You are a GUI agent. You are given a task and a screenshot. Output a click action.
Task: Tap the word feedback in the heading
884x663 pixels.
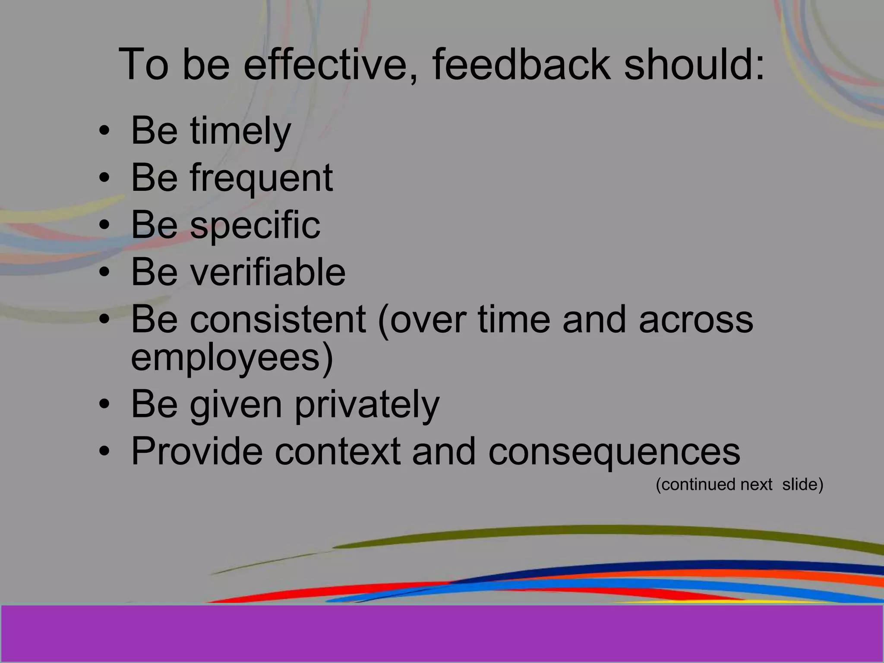pos(521,65)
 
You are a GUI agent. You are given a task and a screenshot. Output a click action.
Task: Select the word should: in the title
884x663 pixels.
pos(694,65)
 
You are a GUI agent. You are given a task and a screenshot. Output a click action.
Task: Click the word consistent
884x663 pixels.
pos(278,319)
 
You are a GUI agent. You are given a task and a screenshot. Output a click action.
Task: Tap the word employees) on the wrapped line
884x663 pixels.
pos(232,358)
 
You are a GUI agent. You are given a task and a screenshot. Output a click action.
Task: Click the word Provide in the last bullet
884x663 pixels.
pos(196,451)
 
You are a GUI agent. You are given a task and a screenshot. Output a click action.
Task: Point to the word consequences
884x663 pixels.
pos(614,451)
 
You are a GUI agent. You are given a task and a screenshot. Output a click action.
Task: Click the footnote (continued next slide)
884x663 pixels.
pos(739,485)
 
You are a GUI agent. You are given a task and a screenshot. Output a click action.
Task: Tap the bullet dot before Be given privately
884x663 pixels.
pos(104,405)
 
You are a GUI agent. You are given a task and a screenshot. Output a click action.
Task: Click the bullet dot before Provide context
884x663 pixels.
pos(104,452)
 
